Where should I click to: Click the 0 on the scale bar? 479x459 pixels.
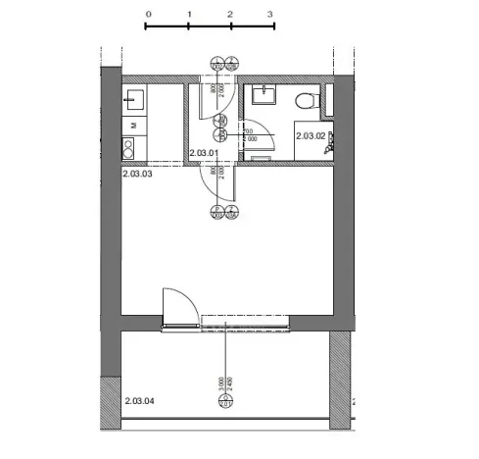click(147, 15)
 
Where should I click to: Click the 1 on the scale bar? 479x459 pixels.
click(188, 15)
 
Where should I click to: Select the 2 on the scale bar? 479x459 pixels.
click(229, 15)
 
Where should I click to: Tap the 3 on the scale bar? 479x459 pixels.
click(270, 15)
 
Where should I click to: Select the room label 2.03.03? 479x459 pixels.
click(138, 173)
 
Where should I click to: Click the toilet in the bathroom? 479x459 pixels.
click(305, 99)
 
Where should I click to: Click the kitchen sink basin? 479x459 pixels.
click(132, 100)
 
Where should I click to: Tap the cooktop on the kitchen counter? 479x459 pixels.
click(128, 148)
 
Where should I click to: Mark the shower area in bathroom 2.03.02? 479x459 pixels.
click(330, 139)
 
